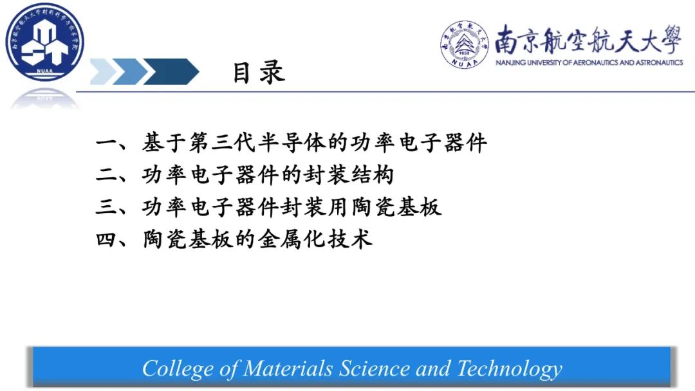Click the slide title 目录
[x=259, y=73]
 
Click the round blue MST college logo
[x=45, y=42]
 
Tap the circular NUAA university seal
[x=464, y=45]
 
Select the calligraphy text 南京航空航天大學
[x=588, y=39]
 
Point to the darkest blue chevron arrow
[x=171, y=71]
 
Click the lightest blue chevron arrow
[x=104, y=71]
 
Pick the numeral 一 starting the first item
[x=107, y=143]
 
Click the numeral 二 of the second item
[x=107, y=175]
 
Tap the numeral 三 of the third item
[x=107, y=207]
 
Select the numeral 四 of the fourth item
[x=107, y=240]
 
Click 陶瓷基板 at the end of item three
[x=396, y=207]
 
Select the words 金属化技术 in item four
[x=315, y=239]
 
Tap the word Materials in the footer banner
[x=288, y=368]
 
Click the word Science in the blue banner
[x=374, y=368]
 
